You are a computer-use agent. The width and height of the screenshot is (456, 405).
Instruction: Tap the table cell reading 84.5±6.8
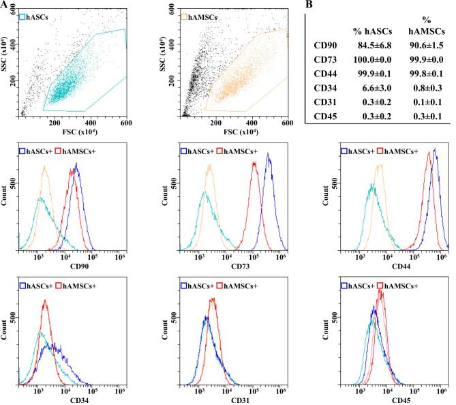pos(371,48)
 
